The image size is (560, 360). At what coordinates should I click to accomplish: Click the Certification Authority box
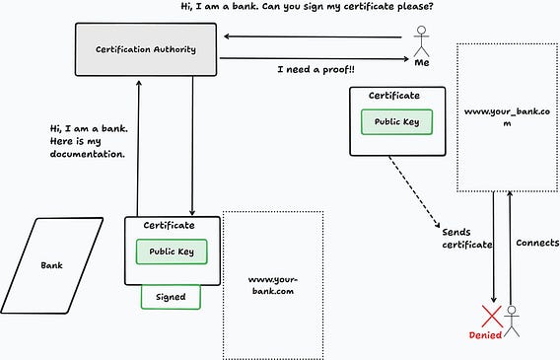click(x=146, y=49)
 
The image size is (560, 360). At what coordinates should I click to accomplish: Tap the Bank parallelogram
click(x=52, y=265)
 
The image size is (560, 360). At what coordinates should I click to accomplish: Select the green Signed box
click(x=171, y=297)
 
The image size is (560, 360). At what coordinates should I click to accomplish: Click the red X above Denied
click(x=492, y=317)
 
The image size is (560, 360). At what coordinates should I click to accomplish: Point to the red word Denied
click(x=485, y=335)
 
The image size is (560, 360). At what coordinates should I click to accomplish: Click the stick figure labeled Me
click(x=421, y=40)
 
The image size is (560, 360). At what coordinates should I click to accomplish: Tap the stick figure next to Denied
click(x=512, y=322)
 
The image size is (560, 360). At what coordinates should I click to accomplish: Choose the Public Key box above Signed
click(x=172, y=252)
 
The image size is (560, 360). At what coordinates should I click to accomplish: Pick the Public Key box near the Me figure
click(x=396, y=121)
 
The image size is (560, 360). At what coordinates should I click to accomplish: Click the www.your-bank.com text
click(x=273, y=285)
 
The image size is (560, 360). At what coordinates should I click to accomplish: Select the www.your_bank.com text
click(x=507, y=117)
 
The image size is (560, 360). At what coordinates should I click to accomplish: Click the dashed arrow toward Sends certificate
click(x=414, y=191)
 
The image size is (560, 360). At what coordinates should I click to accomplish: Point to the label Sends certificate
click(x=467, y=239)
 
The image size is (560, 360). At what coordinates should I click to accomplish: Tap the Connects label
click(x=537, y=243)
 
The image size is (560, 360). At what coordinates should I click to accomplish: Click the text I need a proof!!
click(x=316, y=69)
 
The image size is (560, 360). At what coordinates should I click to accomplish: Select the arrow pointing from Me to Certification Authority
click(x=313, y=36)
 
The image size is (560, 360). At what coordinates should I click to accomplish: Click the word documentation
click(x=88, y=154)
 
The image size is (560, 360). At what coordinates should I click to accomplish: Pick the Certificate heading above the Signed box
click(x=169, y=225)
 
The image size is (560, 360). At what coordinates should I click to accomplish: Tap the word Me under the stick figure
click(x=422, y=62)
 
